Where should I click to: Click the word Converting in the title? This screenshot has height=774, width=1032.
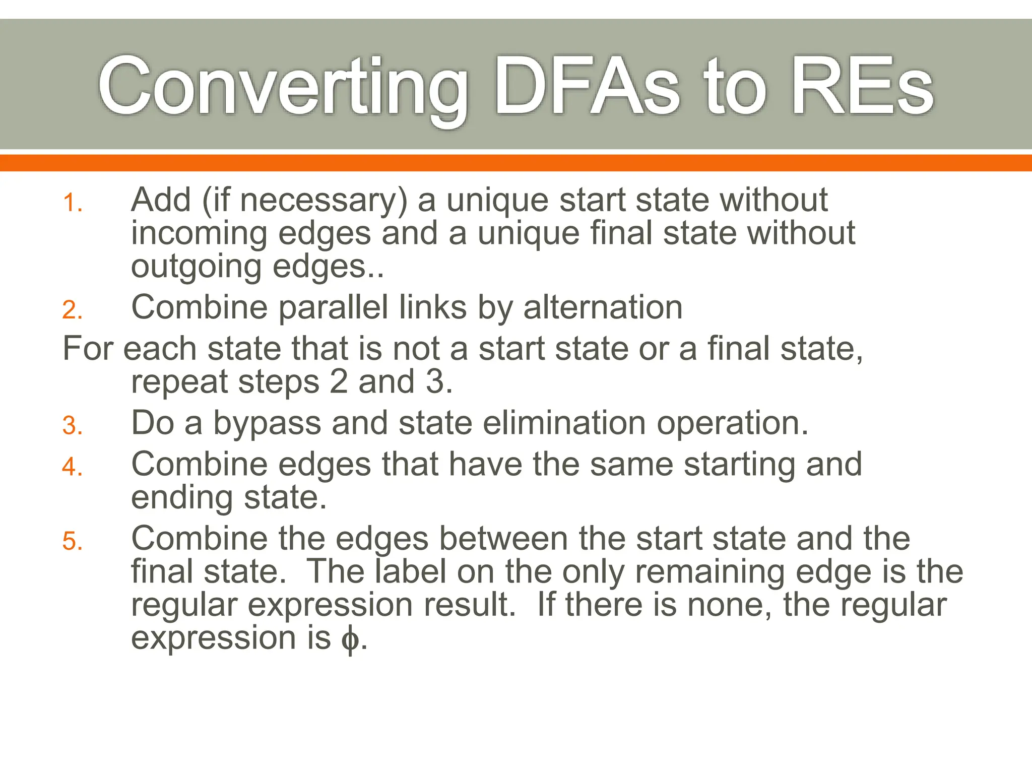(282, 87)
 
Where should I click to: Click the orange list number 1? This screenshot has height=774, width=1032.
(72, 204)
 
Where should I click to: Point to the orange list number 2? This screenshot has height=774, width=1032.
(72, 310)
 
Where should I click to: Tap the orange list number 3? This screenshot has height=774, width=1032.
(72, 426)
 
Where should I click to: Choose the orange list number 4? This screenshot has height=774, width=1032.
(72, 467)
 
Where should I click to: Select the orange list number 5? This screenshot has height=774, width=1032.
(72, 542)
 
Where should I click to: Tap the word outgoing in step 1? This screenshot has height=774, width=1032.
(197, 267)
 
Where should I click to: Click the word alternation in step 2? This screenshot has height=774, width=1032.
(603, 307)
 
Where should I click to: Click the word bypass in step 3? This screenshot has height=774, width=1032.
(267, 423)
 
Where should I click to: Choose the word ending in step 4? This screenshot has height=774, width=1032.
(182, 498)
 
